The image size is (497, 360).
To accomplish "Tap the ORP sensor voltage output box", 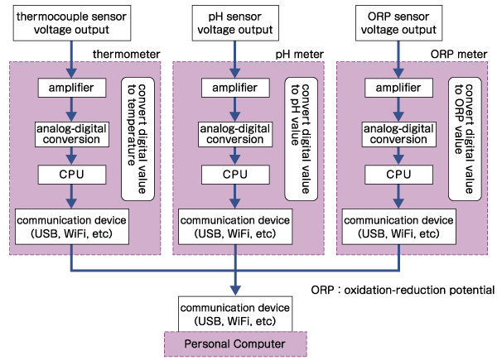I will click(400, 22).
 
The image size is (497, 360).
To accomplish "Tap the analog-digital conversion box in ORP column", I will click(400, 133).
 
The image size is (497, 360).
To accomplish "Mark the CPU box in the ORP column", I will click(400, 175).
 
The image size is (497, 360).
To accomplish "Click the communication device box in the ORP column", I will click(400, 227).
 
